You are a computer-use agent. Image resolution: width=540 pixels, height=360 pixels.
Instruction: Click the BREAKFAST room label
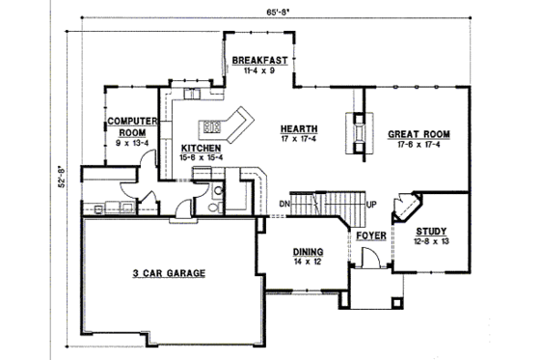tap(260, 60)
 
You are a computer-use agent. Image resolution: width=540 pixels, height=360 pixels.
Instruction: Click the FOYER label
tap(371, 235)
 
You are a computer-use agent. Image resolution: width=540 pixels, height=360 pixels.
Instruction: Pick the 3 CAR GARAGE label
tap(170, 273)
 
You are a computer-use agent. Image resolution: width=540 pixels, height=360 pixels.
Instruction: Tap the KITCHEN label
tap(202, 148)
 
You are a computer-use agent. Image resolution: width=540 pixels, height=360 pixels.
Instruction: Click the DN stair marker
tap(285, 203)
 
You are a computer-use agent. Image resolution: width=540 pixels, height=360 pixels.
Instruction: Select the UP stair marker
tap(371, 203)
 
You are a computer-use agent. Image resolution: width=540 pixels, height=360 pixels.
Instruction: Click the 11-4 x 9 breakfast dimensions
tap(260, 70)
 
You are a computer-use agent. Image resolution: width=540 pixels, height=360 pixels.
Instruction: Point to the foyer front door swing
tap(367, 258)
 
